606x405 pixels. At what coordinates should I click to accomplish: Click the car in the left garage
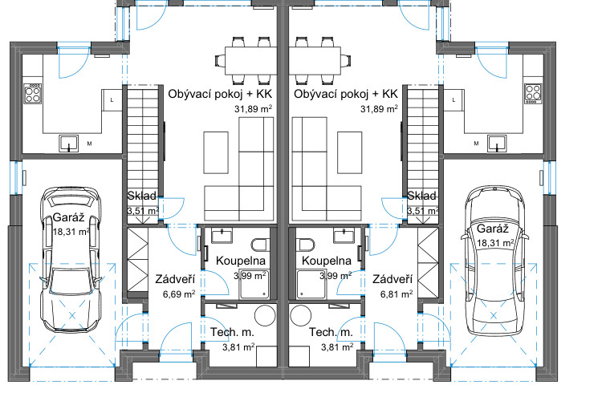71,260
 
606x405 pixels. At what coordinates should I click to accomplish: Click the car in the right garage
494,261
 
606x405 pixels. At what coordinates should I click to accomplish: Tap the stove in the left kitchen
32,94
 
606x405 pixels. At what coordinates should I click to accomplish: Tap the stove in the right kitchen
533,94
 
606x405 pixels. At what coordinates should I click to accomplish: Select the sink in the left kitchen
69,144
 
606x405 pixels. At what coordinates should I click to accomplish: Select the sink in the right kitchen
497,144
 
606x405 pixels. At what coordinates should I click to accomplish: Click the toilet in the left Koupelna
261,245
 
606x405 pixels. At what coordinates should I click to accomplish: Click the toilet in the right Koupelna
305,245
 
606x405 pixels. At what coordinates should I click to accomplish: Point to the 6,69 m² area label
178,294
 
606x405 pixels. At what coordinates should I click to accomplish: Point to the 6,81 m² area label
397,294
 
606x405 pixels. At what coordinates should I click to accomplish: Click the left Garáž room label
68,217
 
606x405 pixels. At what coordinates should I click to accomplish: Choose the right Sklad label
421,196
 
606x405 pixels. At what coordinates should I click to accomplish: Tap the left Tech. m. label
232,332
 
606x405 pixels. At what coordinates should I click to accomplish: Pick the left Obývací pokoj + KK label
220,94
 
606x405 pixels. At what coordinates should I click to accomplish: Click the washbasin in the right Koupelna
344,235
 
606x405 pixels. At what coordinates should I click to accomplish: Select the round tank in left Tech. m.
265,315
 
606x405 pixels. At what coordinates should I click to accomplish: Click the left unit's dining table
250,61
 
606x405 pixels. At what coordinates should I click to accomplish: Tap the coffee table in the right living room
349,152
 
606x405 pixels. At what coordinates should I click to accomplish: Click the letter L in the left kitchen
112,100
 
